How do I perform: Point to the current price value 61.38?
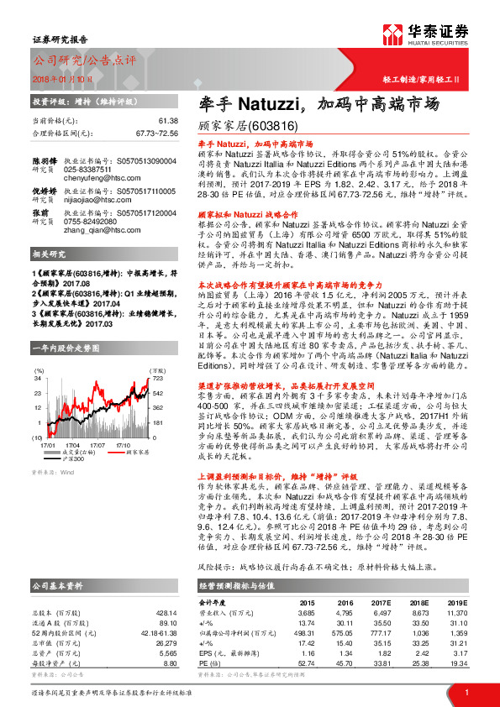pyautogui.click(x=167, y=122)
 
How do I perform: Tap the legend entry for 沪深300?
pyautogui.click(x=76, y=459)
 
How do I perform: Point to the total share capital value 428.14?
pyautogui.click(x=166, y=614)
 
